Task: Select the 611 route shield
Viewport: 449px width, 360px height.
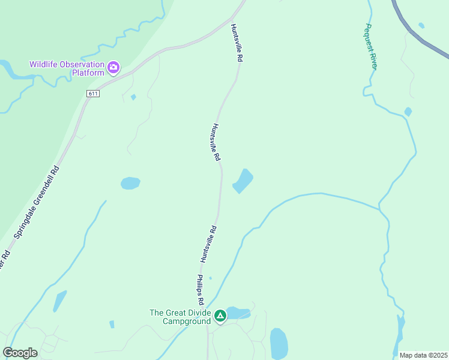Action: (92, 93)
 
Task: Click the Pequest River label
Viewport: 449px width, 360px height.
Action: (370, 46)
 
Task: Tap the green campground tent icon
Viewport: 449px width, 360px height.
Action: (220, 316)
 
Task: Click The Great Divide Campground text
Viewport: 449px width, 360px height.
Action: (180, 316)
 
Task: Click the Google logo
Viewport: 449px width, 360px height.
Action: (20, 352)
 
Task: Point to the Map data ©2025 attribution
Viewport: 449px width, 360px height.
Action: (423, 355)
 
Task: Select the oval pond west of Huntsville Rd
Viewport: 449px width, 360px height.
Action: (130, 183)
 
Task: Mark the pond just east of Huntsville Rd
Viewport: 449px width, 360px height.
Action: (243, 181)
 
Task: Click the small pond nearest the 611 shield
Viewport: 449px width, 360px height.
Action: (133, 97)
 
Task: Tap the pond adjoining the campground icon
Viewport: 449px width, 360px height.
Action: (238, 313)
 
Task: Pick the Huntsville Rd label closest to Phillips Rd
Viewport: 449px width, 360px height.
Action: (208, 244)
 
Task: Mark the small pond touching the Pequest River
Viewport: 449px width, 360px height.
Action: (408, 112)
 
